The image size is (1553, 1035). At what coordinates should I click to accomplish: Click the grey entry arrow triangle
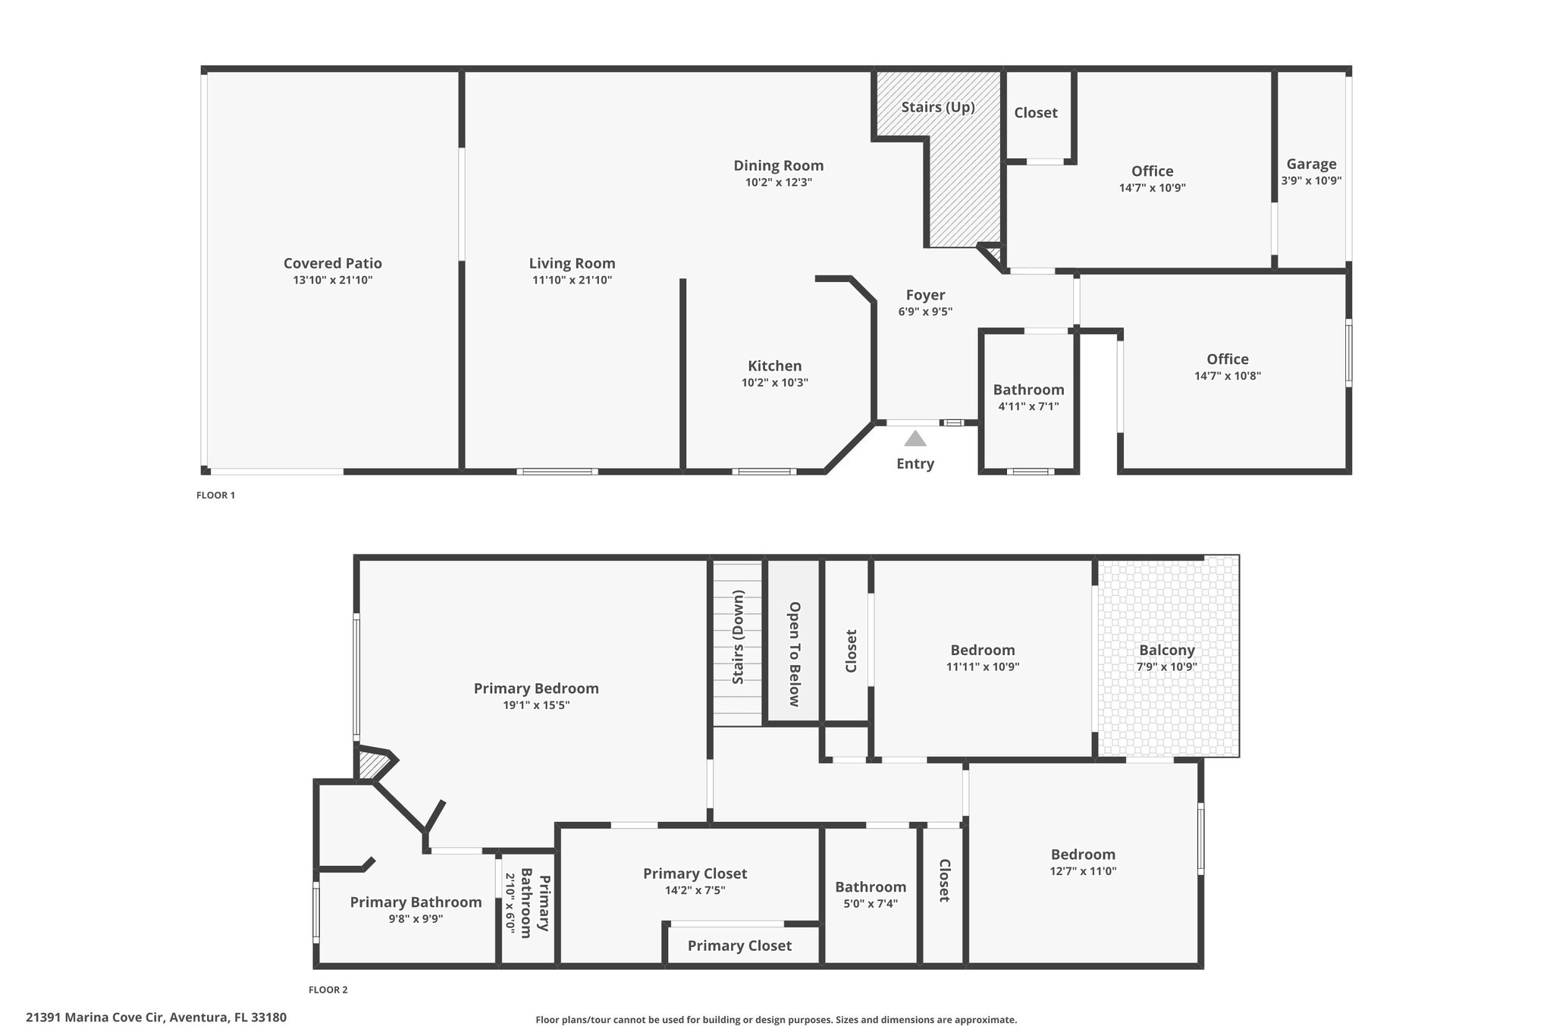coord(915,438)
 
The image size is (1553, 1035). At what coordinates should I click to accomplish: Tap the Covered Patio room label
coord(333,263)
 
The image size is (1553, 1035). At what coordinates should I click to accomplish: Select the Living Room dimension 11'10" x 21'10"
coord(573,280)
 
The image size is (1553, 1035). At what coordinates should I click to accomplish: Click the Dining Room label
coord(779,165)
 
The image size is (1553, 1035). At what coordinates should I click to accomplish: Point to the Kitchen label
coord(775,365)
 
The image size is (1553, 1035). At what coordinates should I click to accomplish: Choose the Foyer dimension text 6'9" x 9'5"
coord(925,312)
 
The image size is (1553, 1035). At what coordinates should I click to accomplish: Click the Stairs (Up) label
coord(938,107)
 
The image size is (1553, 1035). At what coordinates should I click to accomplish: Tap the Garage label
coord(1312,164)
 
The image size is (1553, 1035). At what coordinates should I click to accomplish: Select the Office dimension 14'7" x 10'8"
coord(1228,375)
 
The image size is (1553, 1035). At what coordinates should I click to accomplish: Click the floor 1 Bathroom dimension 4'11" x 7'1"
coord(1029,406)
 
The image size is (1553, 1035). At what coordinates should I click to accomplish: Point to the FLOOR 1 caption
coord(216,495)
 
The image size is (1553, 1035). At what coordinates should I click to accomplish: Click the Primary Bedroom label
coord(536,688)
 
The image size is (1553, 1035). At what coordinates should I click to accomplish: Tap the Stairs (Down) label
coord(737,637)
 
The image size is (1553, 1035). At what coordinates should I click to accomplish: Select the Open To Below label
coord(795,654)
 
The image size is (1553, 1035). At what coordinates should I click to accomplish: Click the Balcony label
coord(1167,650)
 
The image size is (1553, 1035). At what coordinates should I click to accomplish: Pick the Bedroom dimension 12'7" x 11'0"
coord(1084,871)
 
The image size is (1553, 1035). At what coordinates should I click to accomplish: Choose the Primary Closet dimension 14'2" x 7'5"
coord(695,890)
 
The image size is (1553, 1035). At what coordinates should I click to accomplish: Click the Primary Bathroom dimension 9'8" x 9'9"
coord(416,919)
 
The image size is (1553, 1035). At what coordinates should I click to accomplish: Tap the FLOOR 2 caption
coord(328,990)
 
